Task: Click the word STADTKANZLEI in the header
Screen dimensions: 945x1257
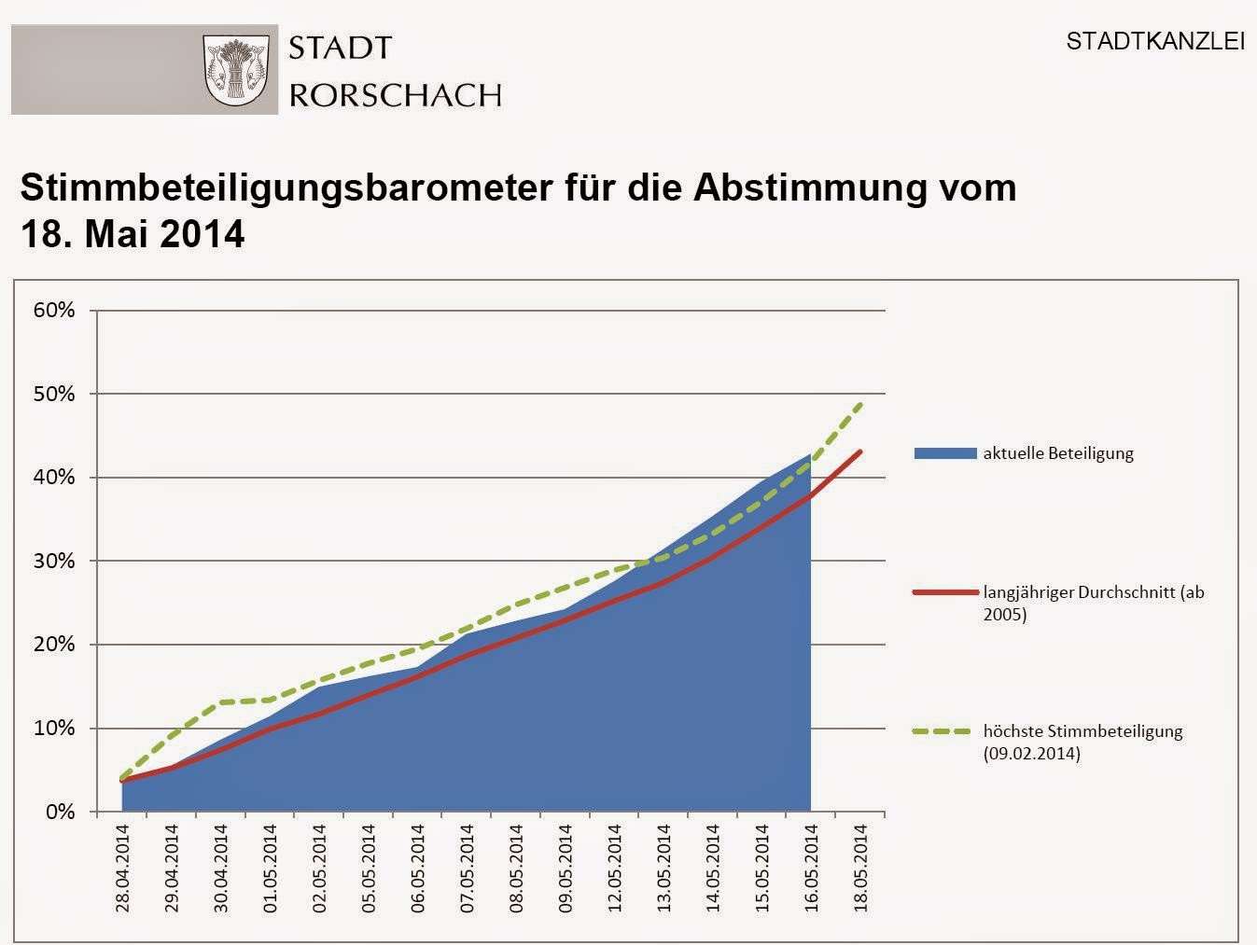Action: [x=1155, y=43]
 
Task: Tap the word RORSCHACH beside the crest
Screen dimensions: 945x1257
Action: [x=396, y=94]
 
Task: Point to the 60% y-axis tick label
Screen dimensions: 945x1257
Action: [x=54, y=311]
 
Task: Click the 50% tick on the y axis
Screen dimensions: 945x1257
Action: [x=54, y=394]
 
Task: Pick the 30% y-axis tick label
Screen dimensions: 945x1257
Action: [x=54, y=562]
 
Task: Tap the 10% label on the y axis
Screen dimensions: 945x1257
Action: [x=54, y=729]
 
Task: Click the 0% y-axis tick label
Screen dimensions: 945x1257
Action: [x=60, y=812]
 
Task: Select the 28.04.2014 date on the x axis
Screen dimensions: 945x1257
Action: [x=122, y=868]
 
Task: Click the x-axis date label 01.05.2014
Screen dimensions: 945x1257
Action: [x=271, y=868]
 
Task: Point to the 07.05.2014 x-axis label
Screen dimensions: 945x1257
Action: [x=468, y=868]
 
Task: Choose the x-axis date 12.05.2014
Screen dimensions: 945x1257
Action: [x=615, y=868]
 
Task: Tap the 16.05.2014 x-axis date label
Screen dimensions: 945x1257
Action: [x=812, y=868]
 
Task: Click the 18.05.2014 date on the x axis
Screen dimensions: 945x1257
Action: [x=861, y=868]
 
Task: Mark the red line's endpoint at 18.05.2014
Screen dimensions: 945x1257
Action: [x=860, y=452]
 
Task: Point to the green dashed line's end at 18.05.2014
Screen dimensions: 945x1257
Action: [x=860, y=403]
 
